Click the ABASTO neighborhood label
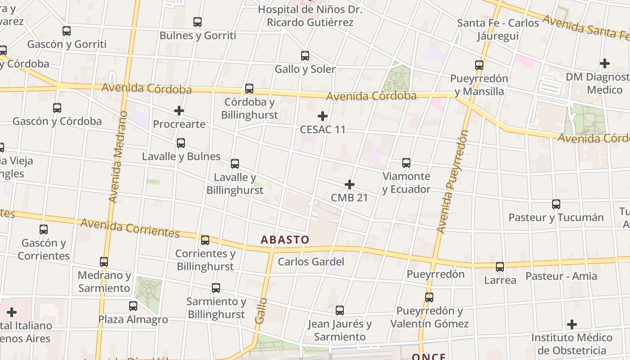(285, 239)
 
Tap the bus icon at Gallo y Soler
(305, 56)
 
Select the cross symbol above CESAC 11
(323, 116)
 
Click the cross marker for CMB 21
(350, 184)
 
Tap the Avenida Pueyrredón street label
(453, 182)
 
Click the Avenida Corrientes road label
(130, 228)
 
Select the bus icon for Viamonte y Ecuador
(406, 163)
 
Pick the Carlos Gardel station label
(311, 262)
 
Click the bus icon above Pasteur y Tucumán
(556, 204)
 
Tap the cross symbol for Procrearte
(179, 111)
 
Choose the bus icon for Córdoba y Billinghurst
(249, 89)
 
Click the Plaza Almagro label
(133, 319)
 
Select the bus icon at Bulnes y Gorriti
(198, 22)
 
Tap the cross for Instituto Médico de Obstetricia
(572, 324)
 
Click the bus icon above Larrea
(500, 267)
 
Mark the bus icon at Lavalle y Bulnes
(181, 143)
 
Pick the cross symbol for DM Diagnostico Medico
(605, 63)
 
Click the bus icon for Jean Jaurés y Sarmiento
(340, 310)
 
